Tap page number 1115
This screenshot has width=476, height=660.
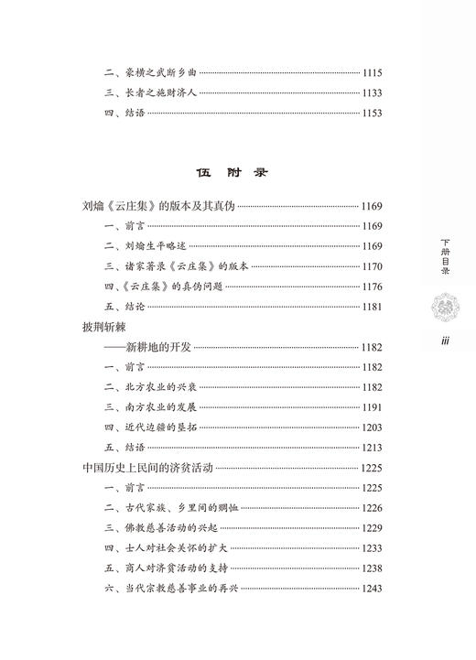click(375, 72)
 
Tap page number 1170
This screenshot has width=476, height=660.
click(375, 266)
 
